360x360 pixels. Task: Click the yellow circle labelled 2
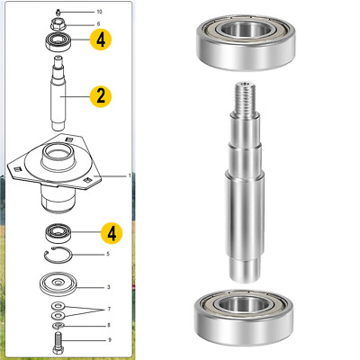click(x=100, y=96)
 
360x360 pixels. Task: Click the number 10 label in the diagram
click(x=100, y=11)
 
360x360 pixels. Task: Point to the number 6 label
click(x=99, y=24)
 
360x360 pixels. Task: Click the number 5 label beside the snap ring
click(x=107, y=254)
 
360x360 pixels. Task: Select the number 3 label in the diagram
click(x=108, y=287)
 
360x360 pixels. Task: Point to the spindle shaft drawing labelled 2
click(x=60, y=90)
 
